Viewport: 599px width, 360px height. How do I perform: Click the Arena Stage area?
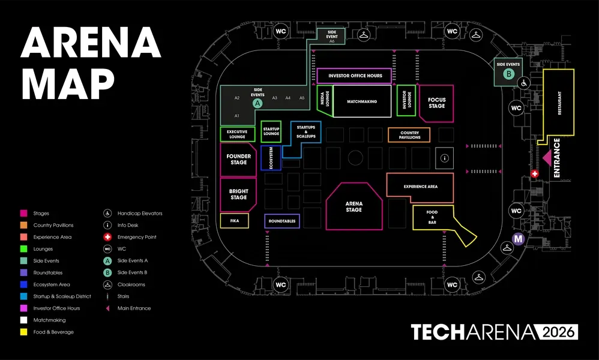[x=354, y=207]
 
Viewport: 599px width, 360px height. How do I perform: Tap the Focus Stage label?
[x=437, y=103]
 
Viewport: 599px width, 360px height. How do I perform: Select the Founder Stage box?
[x=238, y=159]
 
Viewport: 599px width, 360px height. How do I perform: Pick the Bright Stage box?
[x=238, y=194]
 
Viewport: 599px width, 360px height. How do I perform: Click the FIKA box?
[x=235, y=221]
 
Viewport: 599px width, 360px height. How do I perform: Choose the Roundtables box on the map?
[x=282, y=221]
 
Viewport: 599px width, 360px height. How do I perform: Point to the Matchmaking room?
[x=362, y=101]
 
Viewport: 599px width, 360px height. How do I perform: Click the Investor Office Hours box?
[x=355, y=76]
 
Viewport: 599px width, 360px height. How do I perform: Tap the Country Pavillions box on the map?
[x=409, y=135]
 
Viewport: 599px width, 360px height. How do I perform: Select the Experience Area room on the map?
[x=420, y=186]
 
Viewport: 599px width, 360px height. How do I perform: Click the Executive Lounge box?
[x=237, y=134]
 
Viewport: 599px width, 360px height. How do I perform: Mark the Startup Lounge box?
[x=271, y=131]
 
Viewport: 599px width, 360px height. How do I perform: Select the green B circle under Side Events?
[x=508, y=74]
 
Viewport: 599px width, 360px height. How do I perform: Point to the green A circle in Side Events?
[x=257, y=103]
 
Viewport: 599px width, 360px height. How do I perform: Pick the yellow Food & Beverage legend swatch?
[x=24, y=332]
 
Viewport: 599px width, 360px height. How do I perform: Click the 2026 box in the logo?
[x=558, y=332]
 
